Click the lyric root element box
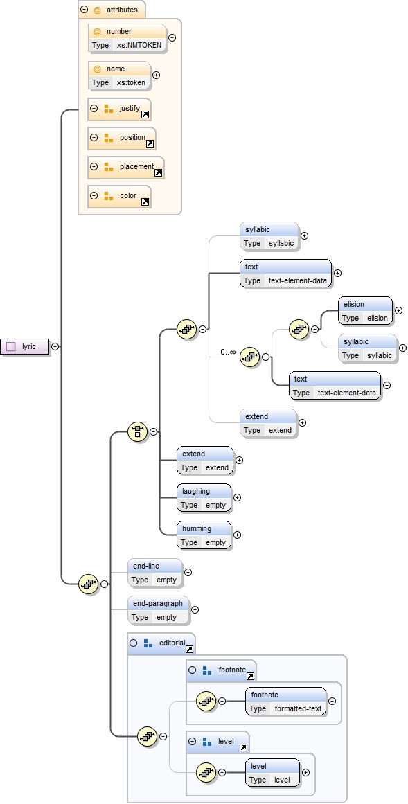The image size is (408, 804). (x=25, y=346)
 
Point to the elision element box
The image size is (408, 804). (x=365, y=311)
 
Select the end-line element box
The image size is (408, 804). (x=154, y=573)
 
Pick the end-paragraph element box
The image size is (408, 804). (x=158, y=610)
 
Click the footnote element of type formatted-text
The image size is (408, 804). (x=285, y=701)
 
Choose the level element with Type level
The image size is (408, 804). (x=272, y=773)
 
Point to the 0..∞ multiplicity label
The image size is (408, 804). (x=228, y=352)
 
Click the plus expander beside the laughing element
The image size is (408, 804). (x=238, y=497)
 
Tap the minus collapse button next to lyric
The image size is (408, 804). (x=55, y=346)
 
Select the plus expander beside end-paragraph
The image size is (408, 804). (x=195, y=610)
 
